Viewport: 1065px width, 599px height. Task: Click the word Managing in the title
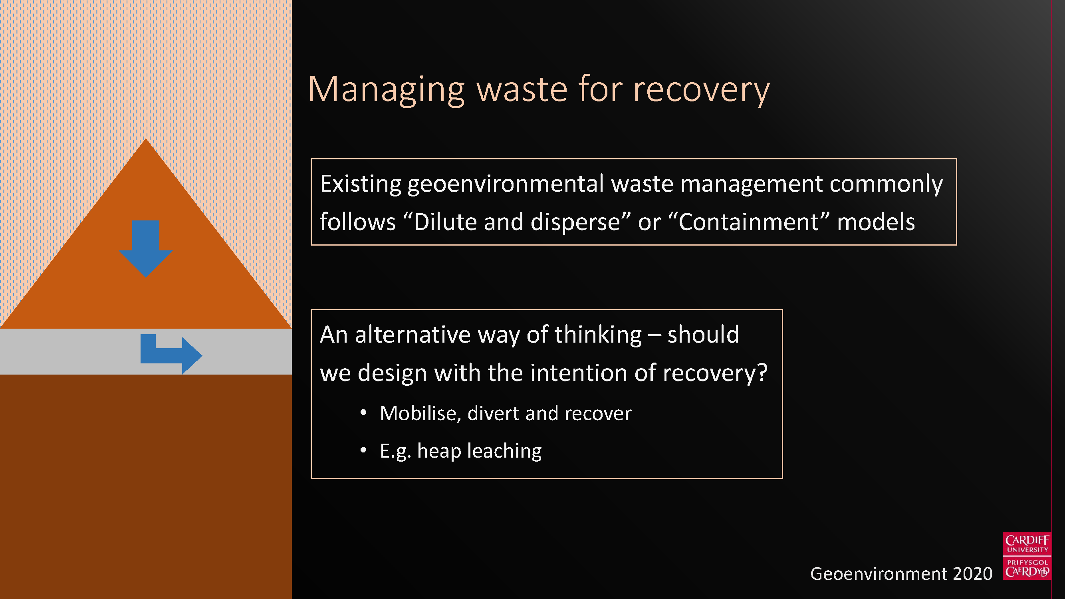coord(387,90)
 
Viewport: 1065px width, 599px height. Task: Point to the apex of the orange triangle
coord(145,139)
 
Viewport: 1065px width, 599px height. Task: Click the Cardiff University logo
coord(1027,556)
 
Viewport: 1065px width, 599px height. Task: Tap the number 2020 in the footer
coord(972,574)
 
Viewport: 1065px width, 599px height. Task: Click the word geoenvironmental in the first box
coord(506,184)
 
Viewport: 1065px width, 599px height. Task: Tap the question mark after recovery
coord(762,373)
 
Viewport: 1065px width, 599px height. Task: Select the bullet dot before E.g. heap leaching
coord(363,450)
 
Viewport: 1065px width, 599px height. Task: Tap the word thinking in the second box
coord(598,335)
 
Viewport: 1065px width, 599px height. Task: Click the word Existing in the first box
coord(361,184)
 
